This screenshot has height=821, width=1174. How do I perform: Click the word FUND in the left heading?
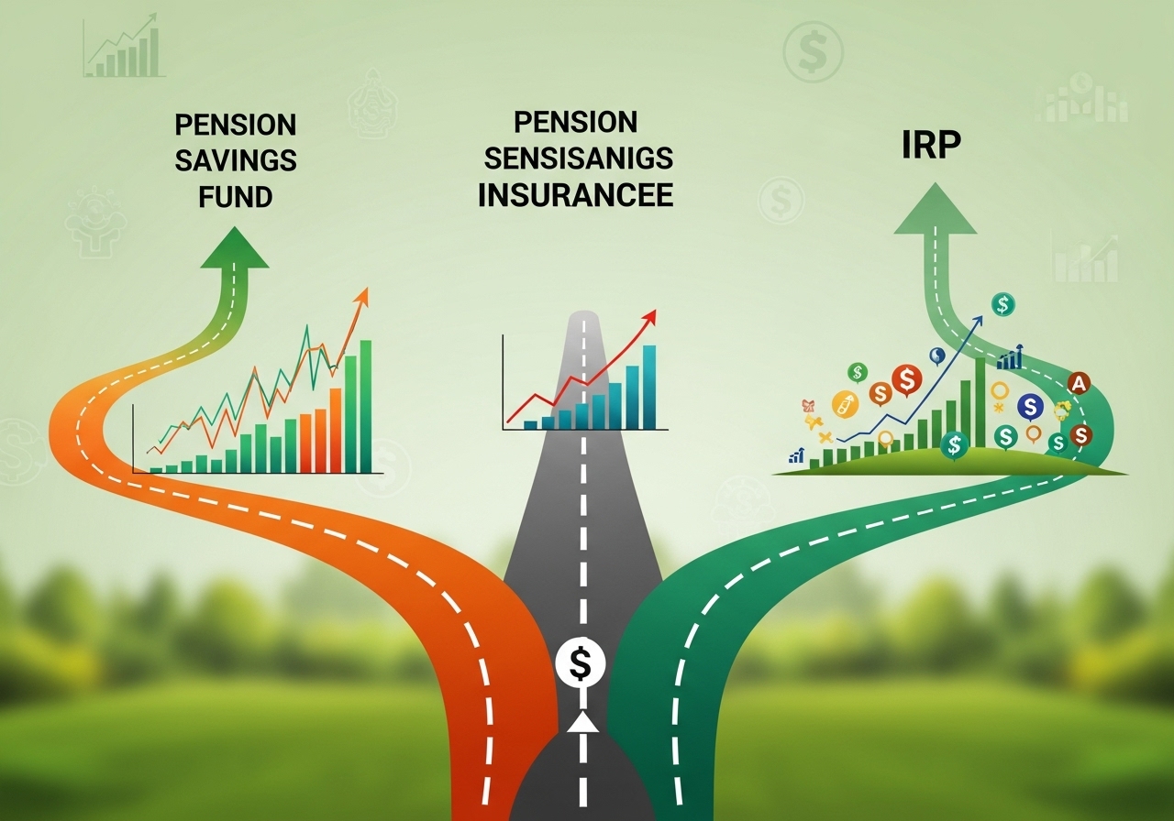(x=236, y=196)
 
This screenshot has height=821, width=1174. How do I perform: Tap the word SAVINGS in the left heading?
(x=236, y=160)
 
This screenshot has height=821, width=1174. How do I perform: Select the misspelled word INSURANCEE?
(x=576, y=194)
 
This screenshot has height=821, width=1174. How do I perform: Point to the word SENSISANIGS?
(x=578, y=158)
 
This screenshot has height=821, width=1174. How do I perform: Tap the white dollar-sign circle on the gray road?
(x=581, y=662)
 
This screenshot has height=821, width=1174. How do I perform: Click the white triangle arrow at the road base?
(x=582, y=724)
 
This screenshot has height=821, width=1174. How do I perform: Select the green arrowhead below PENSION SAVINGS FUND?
(x=235, y=246)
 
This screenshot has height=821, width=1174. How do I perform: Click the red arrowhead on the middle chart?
(x=649, y=317)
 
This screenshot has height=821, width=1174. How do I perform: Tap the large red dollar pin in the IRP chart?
(x=907, y=378)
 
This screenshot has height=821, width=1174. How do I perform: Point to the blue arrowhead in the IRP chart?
(x=978, y=321)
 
